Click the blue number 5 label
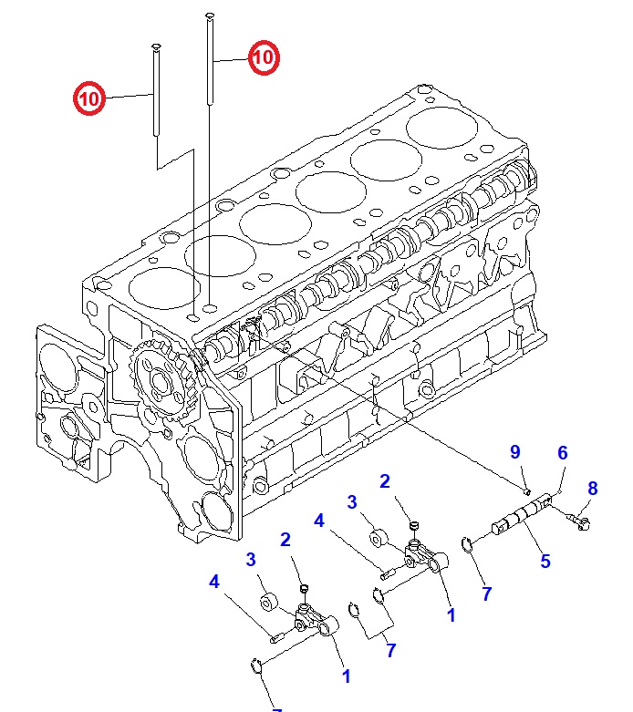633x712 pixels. (545, 562)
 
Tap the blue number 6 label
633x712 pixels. (563, 452)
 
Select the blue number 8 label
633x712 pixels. (592, 489)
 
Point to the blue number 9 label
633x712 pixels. (514, 452)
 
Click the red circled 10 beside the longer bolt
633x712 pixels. (263, 58)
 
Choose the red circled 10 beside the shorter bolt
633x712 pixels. (89, 97)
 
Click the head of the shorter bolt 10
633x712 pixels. (155, 46)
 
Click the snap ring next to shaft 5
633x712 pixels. (468, 545)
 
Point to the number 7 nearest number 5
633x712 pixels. (486, 593)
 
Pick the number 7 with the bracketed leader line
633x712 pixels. (390, 650)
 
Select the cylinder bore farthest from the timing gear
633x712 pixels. (439, 126)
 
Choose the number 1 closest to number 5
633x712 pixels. (450, 615)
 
